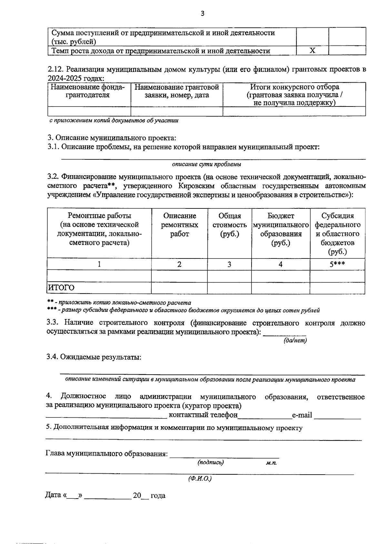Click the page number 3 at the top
pos(203,13)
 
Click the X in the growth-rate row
pos(312,51)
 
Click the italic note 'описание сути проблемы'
pos(207,164)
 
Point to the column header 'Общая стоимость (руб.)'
pos(229,225)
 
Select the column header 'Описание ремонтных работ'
pos(179,225)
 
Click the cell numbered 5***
pos(337,264)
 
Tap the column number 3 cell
pos(229,264)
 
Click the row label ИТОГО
pos(61,287)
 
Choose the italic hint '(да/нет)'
pos(295,340)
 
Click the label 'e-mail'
pos(302,415)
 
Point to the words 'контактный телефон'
pos(203,415)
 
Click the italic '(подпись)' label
pos(211,462)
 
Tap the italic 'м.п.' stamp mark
pos(271,463)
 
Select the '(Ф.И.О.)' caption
pos(200,479)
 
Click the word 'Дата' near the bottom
pos(53,495)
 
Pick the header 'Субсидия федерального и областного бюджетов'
pos(337,234)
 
